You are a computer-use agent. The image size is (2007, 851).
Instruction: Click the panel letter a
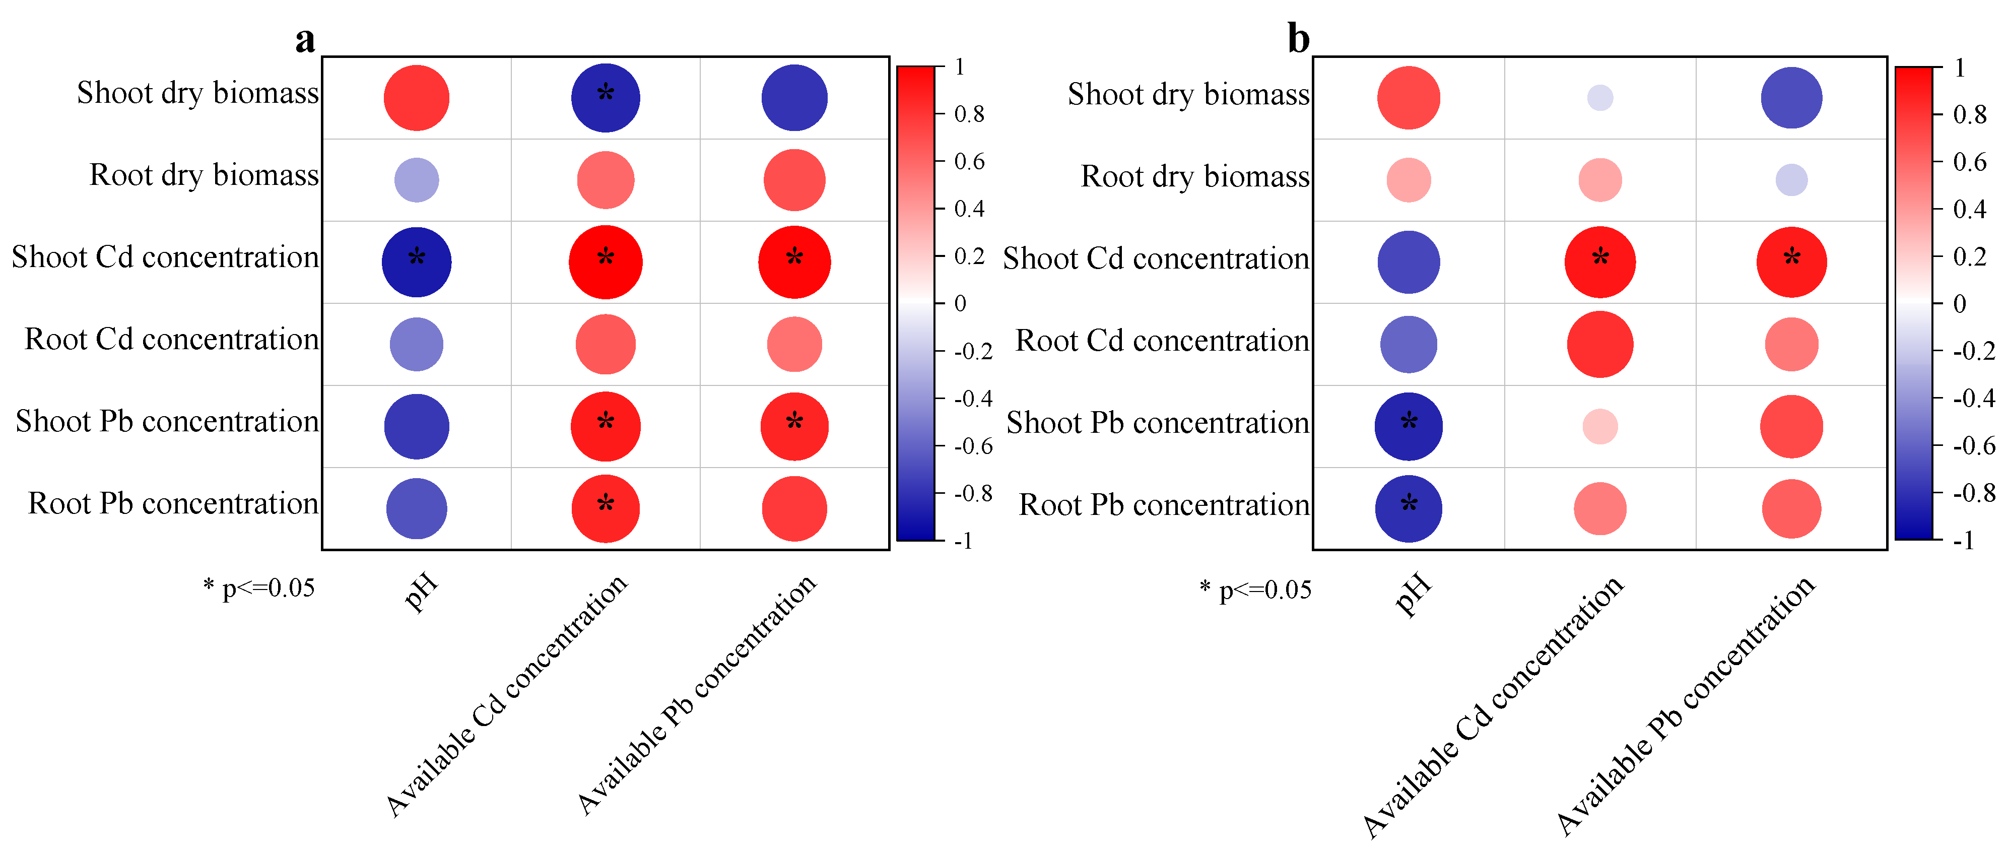click(x=305, y=39)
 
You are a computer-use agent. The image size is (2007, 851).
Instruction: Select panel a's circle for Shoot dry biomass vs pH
click(x=417, y=98)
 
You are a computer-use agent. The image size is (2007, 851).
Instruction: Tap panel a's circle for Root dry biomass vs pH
click(x=417, y=180)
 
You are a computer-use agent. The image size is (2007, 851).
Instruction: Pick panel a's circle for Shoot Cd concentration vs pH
click(x=417, y=262)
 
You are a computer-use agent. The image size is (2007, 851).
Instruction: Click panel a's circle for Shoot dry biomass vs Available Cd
click(x=606, y=98)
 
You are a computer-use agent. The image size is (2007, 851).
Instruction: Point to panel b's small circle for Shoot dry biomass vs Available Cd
click(x=1600, y=98)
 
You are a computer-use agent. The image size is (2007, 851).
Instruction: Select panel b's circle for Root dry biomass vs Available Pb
click(x=1791, y=180)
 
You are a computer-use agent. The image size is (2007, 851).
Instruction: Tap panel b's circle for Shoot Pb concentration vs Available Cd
click(x=1600, y=426)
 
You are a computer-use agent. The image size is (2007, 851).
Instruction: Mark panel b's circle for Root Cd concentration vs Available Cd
click(x=1600, y=345)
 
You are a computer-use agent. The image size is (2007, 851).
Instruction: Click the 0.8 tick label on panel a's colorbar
click(x=969, y=114)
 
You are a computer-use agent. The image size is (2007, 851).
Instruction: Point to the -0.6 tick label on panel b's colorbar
click(x=1973, y=446)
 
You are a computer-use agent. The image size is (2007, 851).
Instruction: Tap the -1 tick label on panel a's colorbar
click(x=964, y=540)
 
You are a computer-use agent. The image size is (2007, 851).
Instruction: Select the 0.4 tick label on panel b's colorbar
click(x=1970, y=209)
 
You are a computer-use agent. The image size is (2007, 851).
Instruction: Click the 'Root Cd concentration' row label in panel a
click(x=171, y=340)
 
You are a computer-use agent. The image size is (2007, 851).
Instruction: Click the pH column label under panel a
click(x=422, y=592)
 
